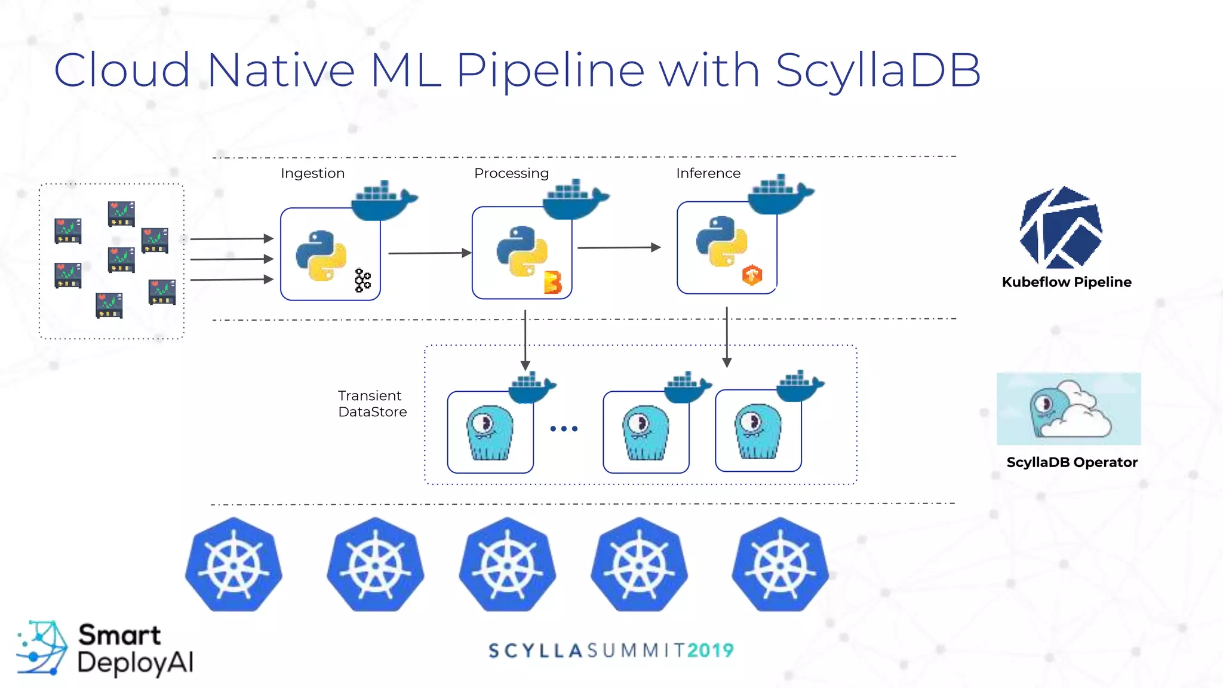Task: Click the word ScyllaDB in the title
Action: click(878, 70)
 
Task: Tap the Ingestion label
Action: click(312, 173)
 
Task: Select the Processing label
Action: click(511, 173)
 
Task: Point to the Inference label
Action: click(708, 173)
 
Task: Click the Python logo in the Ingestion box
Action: click(321, 256)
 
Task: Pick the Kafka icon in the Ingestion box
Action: click(362, 280)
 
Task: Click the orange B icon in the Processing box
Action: click(552, 282)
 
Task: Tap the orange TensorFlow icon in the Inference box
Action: click(752, 275)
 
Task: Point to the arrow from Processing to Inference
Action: click(619, 247)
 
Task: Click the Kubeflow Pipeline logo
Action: click(1061, 228)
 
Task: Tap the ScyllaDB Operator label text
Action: click(1072, 462)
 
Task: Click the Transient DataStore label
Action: click(372, 404)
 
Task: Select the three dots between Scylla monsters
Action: click(564, 429)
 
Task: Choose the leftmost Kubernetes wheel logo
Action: click(233, 565)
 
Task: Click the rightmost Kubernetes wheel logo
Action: click(780, 565)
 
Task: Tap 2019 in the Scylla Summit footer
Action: click(710, 650)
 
